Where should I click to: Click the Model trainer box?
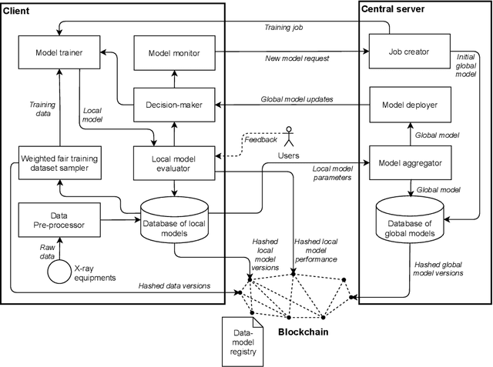point(60,52)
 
